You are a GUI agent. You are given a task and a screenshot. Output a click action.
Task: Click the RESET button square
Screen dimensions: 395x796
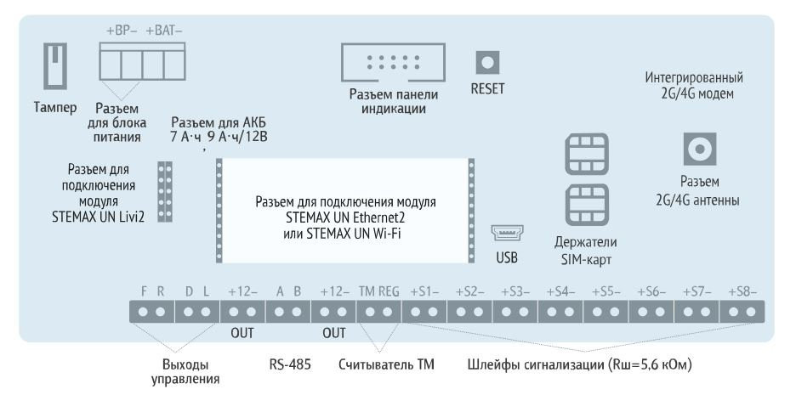click(486, 63)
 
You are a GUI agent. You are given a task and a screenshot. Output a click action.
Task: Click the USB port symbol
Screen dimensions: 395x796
click(509, 232)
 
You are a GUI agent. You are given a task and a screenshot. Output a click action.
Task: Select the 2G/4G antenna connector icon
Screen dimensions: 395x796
click(700, 150)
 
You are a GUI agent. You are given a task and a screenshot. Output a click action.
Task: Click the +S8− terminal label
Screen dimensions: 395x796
click(742, 291)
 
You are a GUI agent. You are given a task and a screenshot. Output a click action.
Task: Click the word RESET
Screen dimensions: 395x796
click(487, 88)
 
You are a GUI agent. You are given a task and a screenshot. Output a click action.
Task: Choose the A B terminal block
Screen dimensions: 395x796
click(287, 312)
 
